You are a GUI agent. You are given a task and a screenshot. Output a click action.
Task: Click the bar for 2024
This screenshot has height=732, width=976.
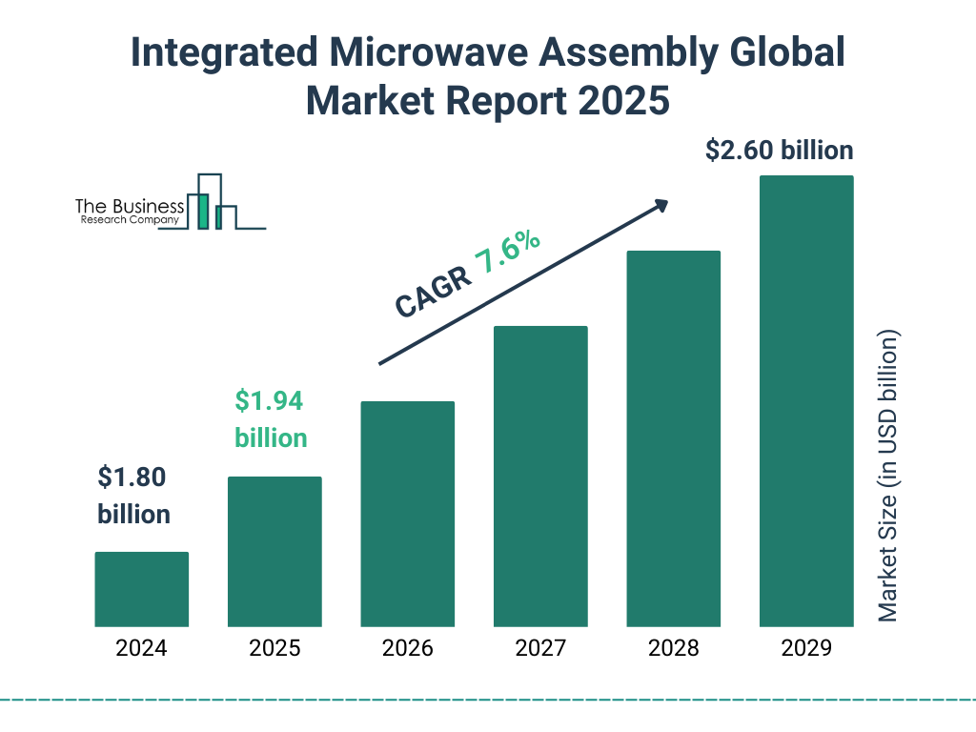click(x=141, y=589)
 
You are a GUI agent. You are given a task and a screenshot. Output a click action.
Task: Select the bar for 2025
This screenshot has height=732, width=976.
click(x=274, y=552)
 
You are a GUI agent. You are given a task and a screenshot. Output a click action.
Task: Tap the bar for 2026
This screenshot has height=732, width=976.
click(x=407, y=514)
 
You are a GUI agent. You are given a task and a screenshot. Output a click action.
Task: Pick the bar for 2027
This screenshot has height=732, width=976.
click(x=540, y=477)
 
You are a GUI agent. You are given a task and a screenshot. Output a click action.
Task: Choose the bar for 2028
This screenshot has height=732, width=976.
click(x=673, y=438)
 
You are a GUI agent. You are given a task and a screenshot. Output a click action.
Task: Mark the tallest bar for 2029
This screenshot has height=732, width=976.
click(x=806, y=401)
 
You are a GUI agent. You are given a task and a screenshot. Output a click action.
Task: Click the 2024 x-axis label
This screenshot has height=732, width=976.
click(x=141, y=649)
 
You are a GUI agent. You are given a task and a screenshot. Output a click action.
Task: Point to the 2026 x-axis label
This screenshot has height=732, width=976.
click(x=407, y=649)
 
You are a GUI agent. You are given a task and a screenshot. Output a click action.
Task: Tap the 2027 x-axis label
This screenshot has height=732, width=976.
click(x=540, y=649)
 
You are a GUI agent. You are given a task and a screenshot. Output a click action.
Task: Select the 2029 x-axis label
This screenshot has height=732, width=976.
click(x=806, y=649)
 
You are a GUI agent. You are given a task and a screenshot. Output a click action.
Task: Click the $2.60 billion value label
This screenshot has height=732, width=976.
click(x=779, y=151)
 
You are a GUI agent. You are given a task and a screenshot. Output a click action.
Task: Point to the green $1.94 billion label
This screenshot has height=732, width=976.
click(x=271, y=419)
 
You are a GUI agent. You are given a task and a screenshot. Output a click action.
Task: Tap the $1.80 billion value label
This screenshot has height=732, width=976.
click(x=133, y=496)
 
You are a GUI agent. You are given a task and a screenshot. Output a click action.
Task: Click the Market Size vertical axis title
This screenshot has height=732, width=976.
click(x=888, y=477)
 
